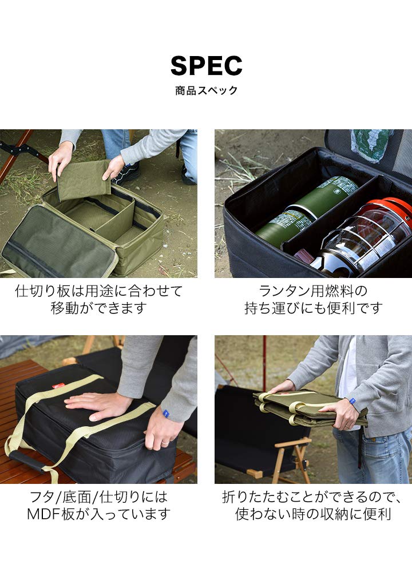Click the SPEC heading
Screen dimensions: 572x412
click(206, 66)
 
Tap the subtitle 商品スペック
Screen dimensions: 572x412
click(206, 90)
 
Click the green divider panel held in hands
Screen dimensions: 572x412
click(84, 180)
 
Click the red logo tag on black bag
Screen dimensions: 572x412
click(58, 387)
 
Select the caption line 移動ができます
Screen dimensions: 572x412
click(98, 308)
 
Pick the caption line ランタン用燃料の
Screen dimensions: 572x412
click(313, 291)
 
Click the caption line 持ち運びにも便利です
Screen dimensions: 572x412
click(313, 308)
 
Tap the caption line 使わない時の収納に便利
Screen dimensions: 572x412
click(313, 514)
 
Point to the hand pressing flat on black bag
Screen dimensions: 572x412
click(97, 403)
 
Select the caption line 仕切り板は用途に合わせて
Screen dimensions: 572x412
click(98, 291)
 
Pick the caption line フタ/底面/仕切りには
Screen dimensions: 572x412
click(98, 496)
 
